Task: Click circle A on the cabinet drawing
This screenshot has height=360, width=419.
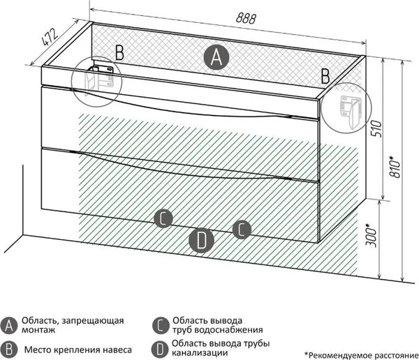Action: tap(217, 57)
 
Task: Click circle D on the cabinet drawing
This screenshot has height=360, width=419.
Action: tap(201, 240)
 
